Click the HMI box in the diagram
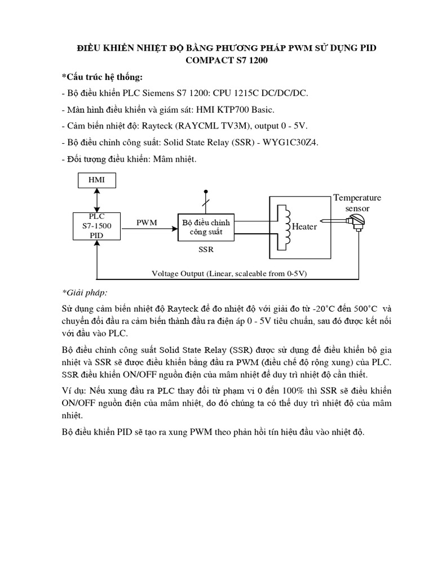[x=96, y=181]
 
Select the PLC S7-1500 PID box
[x=97, y=226]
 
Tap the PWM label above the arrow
[x=147, y=223]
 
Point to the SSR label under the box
[x=206, y=248]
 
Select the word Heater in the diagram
[x=304, y=227]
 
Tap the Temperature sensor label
[x=357, y=203]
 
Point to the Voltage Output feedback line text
[x=229, y=273]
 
